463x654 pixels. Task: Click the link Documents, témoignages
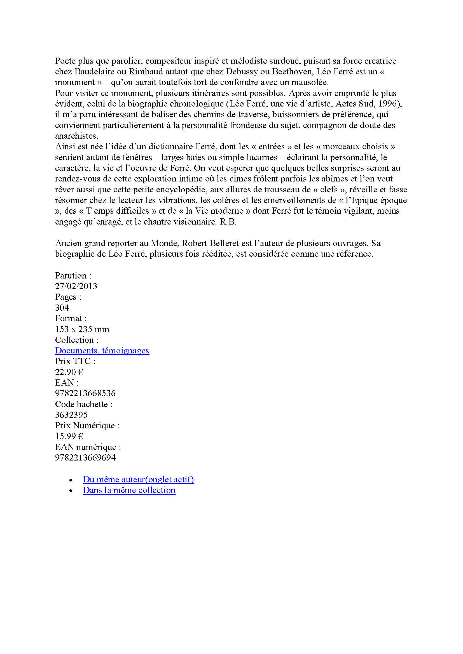[x=102, y=350]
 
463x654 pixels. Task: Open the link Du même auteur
[x=138, y=480]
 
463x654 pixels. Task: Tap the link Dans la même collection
[x=129, y=490]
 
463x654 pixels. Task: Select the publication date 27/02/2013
[x=76, y=286]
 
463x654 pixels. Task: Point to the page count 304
[x=62, y=308]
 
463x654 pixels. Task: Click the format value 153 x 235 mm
[x=82, y=329]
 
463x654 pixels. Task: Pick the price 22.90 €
[x=69, y=372]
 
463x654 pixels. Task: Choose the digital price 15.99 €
[x=69, y=436]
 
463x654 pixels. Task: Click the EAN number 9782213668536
[x=85, y=393]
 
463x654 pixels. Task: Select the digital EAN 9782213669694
[x=85, y=457]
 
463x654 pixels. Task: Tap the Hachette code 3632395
[x=71, y=415]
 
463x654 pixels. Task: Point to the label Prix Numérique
[x=87, y=426]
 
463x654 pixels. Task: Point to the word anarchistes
[x=76, y=136]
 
